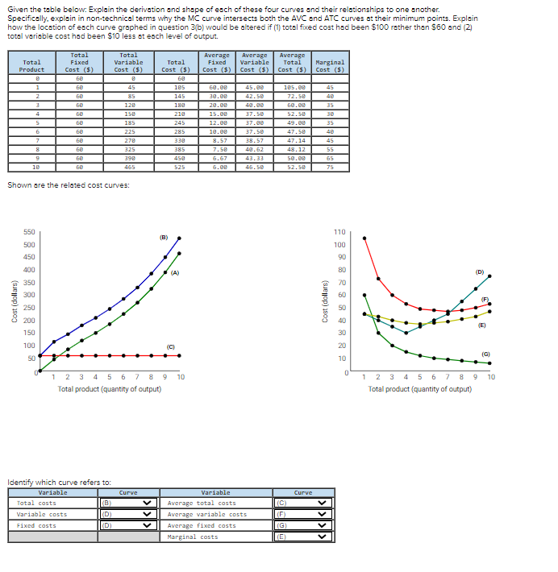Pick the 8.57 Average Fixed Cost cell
(217, 140)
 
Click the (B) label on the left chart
(163, 238)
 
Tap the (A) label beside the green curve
(174, 272)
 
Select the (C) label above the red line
(171, 347)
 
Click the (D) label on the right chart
(480, 271)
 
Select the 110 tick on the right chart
(339, 232)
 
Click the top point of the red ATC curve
(364, 238)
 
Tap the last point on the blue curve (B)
(179, 238)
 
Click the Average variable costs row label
(207, 514)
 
